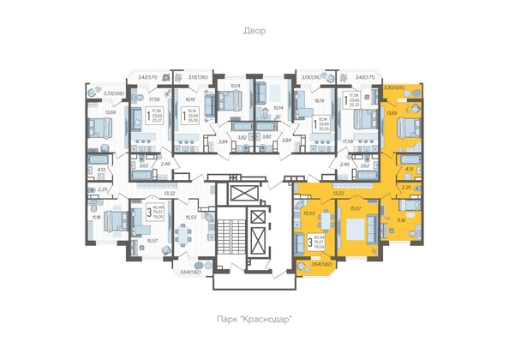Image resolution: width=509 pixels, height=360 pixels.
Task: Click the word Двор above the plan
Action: tap(254, 31)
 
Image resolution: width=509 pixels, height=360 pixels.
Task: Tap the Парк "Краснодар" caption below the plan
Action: tap(254, 320)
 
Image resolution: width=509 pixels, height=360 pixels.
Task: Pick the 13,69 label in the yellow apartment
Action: tap(392, 112)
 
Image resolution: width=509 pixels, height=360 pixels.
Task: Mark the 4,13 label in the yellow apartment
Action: tap(408, 170)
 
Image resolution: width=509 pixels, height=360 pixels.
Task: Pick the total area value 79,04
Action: tap(319, 249)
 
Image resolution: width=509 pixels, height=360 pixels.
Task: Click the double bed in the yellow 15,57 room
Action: tap(352, 233)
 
